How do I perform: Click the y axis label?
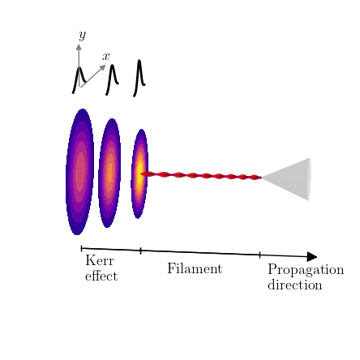click(83, 36)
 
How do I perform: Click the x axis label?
click(106, 56)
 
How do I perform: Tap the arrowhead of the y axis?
click(79, 47)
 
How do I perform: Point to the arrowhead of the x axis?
click(102, 67)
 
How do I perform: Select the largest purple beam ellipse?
click(79, 172)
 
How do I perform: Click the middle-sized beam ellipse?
click(109, 173)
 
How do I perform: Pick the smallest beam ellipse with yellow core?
click(139, 174)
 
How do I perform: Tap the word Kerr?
click(100, 260)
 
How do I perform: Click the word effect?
click(101, 276)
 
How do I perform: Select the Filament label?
click(195, 268)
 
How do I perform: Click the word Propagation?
click(306, 270)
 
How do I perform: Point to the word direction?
click(295, 285)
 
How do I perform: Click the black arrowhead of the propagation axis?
click(312, 256)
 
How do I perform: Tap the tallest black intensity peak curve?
click(139, 78)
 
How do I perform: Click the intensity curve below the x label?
click(112, 79)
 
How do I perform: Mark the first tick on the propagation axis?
click(81, 248)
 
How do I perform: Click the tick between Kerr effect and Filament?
click(140, 251)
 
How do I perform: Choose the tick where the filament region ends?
click(259, 255)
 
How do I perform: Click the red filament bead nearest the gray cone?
click(255, 178)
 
